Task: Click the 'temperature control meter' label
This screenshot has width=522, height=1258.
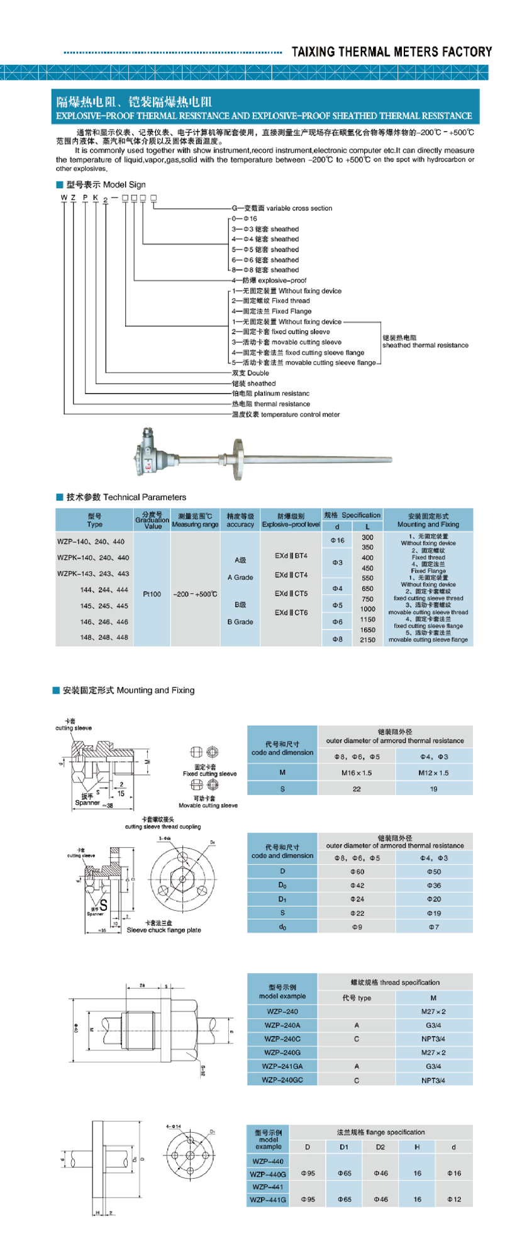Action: (x=286, y=415)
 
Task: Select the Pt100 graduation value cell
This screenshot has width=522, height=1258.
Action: (x=152, y=594)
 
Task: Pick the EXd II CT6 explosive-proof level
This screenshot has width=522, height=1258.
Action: (x=291, y=612)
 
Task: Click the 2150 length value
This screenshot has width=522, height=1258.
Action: (x=367, y=640)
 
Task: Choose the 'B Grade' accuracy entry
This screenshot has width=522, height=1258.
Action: (x=240, y=621)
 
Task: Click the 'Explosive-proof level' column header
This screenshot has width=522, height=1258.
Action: (x=291, y=524)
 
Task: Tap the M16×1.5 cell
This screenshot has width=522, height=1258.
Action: (x=357, y=772)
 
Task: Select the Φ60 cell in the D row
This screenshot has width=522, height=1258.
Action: (x=357, y=872)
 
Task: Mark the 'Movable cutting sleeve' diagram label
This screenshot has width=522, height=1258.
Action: (x=208, y=805)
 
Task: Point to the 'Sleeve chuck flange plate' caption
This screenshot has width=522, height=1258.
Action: (x=164, y=930)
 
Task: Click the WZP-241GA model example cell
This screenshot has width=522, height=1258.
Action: (x=282, y=1066)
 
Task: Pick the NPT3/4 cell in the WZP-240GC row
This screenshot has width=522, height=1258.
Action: (x=433, y=1080)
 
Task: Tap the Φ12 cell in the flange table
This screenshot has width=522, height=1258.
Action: (x=453, y=1200)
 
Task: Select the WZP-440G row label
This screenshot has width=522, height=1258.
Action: (x=268, y=1174)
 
